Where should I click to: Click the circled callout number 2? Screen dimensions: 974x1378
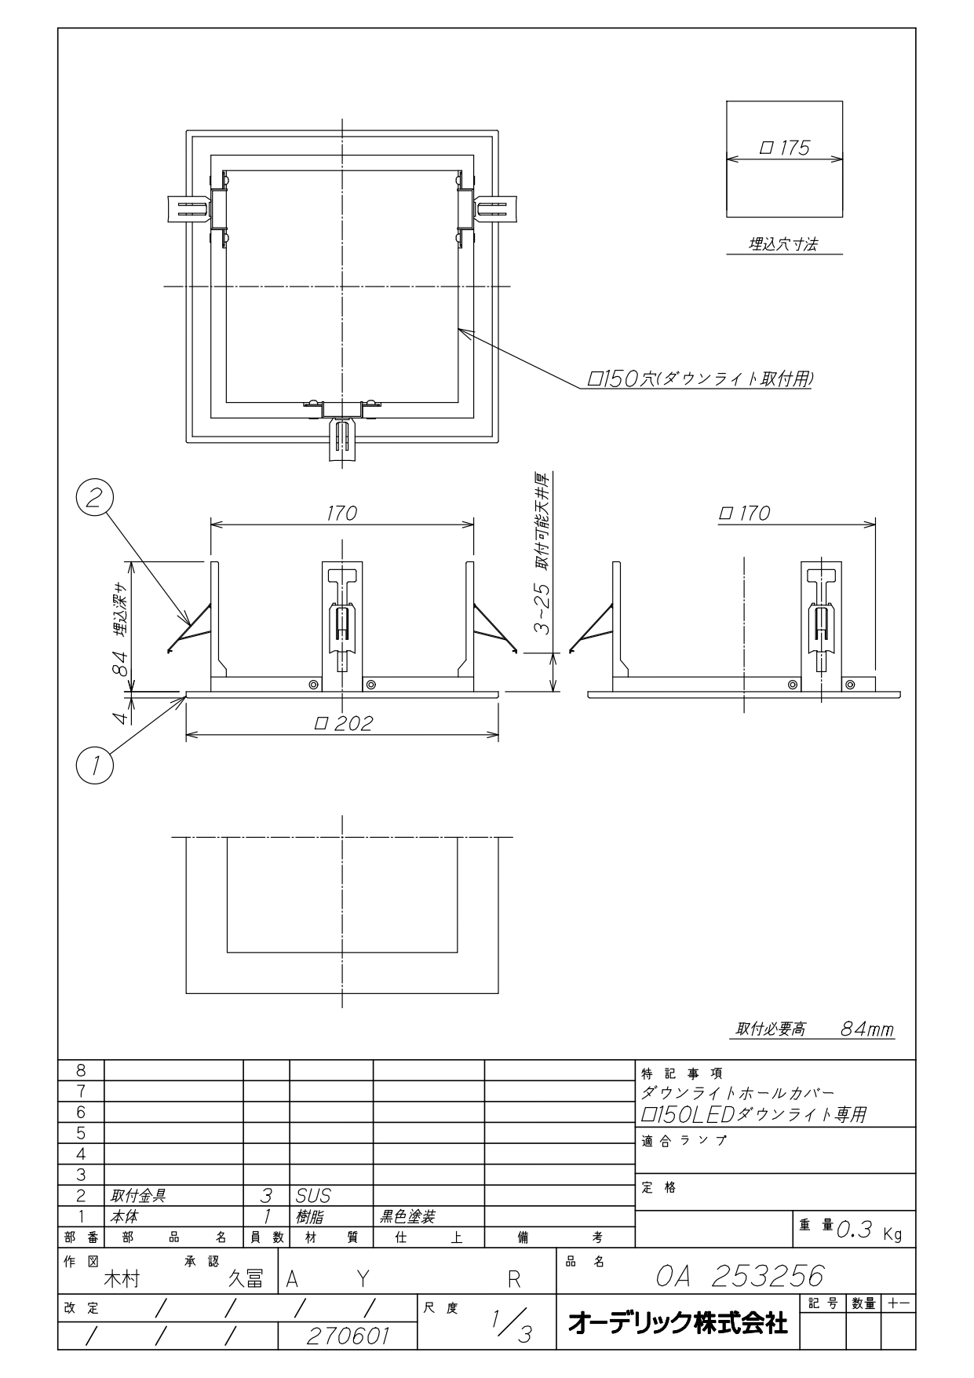pos(94,499)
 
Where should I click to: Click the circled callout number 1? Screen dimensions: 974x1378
pos(95,763)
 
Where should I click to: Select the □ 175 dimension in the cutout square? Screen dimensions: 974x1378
pos(784,148)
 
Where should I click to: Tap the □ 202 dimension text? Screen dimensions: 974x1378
pos(343,723)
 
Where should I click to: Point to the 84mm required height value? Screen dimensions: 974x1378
pos(866,1029)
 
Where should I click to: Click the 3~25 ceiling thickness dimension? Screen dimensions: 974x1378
pos(542,609)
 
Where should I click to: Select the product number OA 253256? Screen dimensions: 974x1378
pos(740,1276)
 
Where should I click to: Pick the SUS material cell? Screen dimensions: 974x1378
pos(313,1196)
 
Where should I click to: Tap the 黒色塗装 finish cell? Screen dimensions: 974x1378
pos(407,1217)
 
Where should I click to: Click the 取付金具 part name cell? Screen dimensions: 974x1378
pos(138,1196)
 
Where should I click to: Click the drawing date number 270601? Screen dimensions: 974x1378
pos(348,1336)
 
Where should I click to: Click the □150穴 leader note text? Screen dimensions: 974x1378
pos(700,379)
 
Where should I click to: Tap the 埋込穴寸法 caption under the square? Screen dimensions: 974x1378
pos(782,245)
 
